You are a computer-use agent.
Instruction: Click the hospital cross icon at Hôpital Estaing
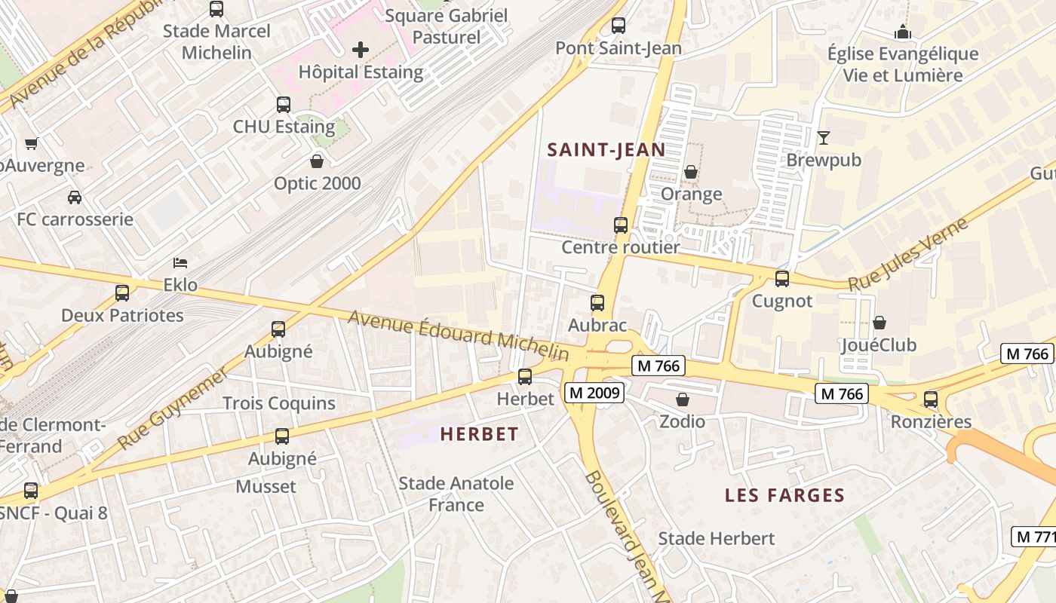361,51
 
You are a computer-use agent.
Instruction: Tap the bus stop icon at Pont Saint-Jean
619,25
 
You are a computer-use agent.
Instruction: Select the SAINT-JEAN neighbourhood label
606,149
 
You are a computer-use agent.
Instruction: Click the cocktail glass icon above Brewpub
823,138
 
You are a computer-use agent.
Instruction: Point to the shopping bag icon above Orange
690,172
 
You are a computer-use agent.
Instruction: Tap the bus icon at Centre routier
620,225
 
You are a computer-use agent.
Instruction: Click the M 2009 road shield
594,393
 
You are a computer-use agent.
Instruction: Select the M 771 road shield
1033,537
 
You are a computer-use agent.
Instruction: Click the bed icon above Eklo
180,263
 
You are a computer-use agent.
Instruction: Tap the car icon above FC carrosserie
75,197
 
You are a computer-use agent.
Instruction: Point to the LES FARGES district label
784,495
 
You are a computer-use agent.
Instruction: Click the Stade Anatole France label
456,494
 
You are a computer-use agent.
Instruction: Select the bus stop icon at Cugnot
782,278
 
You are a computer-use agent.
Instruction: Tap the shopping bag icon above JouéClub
879,323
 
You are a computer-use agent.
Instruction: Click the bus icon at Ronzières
931,399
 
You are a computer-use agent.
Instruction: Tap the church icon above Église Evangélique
902,32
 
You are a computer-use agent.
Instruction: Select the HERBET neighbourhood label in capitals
479,434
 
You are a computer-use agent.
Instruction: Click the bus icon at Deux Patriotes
122,292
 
